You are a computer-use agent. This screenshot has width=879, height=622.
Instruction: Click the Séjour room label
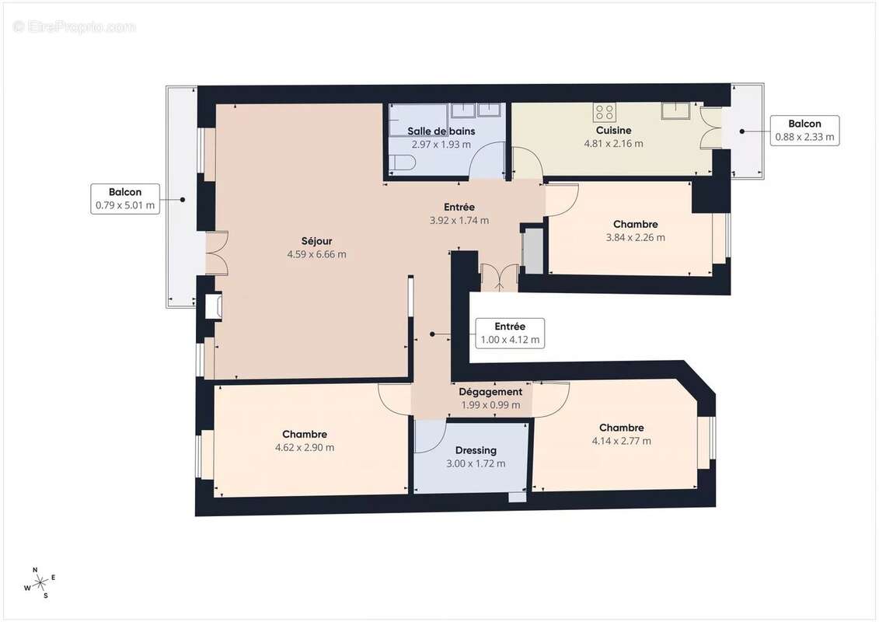316,241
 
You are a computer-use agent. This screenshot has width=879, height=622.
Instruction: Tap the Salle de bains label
441,131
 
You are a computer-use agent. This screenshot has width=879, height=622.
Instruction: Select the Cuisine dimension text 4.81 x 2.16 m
613,144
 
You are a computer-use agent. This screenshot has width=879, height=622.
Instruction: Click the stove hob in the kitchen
605,112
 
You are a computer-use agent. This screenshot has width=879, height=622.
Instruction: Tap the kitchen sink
673,110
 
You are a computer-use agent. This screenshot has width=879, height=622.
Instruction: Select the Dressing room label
475,450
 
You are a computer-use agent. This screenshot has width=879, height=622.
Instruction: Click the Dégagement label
490,392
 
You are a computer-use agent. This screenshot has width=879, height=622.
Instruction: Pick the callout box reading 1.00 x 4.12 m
510,334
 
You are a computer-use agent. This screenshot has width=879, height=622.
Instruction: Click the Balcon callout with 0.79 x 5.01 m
124,199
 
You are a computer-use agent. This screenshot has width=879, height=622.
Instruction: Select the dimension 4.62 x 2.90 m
305,448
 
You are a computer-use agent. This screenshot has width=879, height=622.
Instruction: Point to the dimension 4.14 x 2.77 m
621,442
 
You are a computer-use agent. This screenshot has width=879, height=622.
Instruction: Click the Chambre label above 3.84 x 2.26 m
635,224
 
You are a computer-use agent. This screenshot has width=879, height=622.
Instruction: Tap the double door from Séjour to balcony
216,253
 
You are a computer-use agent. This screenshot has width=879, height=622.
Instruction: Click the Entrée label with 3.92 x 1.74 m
459,208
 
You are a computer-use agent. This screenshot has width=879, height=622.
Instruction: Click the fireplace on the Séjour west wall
214,306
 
